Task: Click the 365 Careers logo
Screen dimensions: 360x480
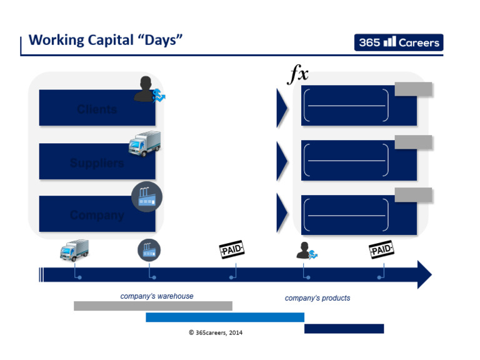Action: [399, 42]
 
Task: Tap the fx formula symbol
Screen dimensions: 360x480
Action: [298, 74]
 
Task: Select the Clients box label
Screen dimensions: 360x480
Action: [97, 109]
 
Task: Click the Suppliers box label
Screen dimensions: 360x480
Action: [97, 163]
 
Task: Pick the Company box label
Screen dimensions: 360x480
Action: [97, 215]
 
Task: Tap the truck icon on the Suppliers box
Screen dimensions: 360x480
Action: [144, 143]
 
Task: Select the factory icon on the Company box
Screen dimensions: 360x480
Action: [147, 197]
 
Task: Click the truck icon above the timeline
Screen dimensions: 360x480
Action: [74, 251]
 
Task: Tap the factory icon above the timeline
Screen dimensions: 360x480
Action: [149, 251]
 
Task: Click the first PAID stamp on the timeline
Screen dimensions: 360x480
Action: [231, 251]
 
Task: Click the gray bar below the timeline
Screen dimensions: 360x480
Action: [152, 306]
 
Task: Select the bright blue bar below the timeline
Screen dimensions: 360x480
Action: [224, 317]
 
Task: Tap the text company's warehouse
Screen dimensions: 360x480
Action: [157, 296]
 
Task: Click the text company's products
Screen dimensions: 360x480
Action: [317, 298]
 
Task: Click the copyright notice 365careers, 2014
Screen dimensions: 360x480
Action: [216, 332]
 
